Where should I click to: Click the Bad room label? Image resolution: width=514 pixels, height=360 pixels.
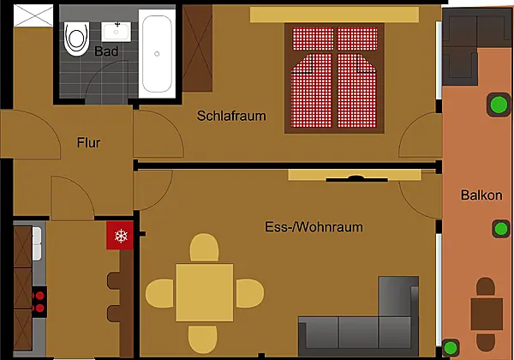click(106, 51)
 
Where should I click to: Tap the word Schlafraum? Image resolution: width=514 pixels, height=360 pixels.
click(231, 116)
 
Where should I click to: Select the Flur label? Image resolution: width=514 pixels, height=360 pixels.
click(88, 142)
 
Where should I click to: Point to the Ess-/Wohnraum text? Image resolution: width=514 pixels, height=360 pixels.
click(314, 227)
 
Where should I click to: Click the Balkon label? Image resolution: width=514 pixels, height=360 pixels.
click(481, 195)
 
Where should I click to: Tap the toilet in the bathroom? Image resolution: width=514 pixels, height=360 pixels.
click(77, 39)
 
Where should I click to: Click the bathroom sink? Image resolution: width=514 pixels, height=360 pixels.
click(116, 32)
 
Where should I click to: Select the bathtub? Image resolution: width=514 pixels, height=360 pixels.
click(157, 54)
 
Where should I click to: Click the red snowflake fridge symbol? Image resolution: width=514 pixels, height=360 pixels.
click(120, 235)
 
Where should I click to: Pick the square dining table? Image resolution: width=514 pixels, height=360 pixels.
click(205, 292)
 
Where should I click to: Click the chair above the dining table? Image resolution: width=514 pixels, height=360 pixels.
click(204, 249)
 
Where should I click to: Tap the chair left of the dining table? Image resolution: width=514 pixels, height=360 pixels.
click(161, 293)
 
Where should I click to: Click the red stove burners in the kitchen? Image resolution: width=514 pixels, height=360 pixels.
click(39, 302)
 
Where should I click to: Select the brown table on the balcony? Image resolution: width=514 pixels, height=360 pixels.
click(487, 314)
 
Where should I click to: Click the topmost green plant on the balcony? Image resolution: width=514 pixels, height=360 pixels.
click(499, 105)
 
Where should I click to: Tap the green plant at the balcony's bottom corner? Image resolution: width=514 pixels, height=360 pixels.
click(451, 347)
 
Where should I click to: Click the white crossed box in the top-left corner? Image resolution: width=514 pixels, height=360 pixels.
click(33, 15)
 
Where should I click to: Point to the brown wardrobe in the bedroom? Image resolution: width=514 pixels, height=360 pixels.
click(197, 48)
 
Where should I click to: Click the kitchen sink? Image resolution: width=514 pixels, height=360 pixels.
click(37, 243)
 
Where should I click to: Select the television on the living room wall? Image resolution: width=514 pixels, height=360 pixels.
click(356, 178)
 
